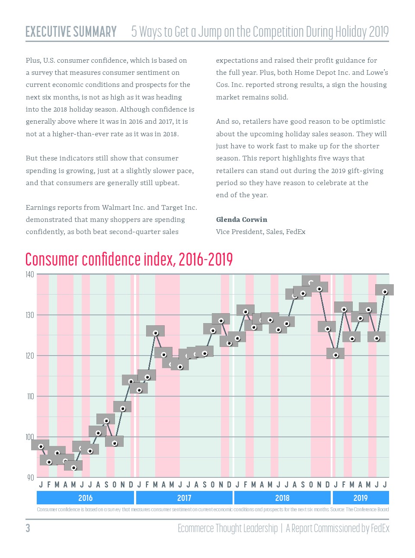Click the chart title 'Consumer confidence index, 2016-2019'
click(x=129, y=260)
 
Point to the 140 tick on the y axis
click(x=29, y=275)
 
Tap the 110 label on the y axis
click(x=30, y=396)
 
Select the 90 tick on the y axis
click(x=30, y=478)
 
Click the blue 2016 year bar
click(x=85, y=498)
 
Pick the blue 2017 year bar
click(x=184, y=498)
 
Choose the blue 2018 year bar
click(x=282, y=498)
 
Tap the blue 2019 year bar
click(x=361, y=498)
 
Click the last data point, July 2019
click(x=385, y=292)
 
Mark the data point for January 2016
click(x=41, y=446)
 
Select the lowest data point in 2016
click(x=73, y=468)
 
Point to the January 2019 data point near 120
click(x=336, y=355)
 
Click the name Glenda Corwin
click(x=242, y=220)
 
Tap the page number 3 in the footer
click(x=28, y=528)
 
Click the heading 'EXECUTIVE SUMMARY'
click(x=71, y=32)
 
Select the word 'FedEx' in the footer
click(x=380, y=528)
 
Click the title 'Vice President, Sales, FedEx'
click(x=261, y=232)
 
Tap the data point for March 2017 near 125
click(x=156, y=333)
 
